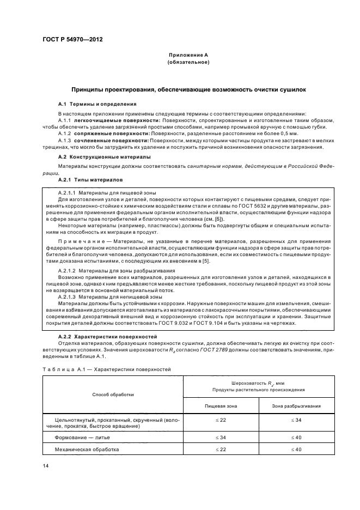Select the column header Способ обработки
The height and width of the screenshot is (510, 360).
(x=113, y=395)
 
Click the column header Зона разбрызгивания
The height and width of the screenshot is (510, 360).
(x=296, y=406)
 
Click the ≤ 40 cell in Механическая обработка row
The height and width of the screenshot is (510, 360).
(x=296, y=449)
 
